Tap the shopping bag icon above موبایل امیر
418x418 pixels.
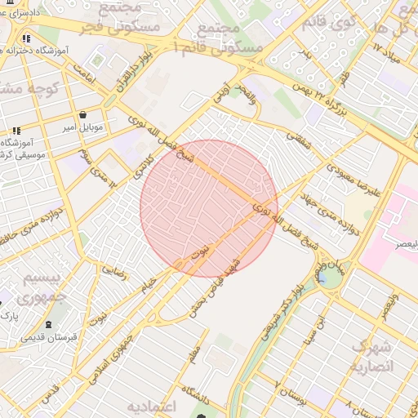coord(85,114)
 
